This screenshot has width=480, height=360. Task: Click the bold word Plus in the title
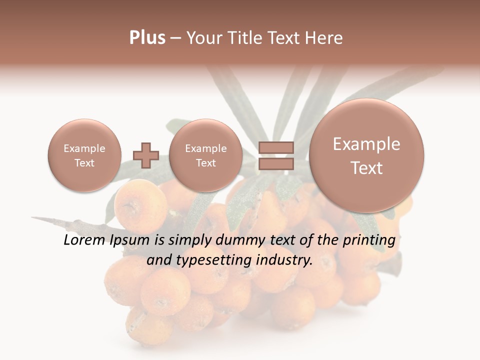coord(147,38)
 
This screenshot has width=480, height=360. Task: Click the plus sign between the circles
coord(146,155)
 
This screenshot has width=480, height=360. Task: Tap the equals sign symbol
coord(275,155)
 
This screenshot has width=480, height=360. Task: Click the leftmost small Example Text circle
coord(84,155)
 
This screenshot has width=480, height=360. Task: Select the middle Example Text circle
coord(205,155)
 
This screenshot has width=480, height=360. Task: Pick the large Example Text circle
coord(366,155)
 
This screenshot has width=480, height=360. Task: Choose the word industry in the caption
coord(284,260)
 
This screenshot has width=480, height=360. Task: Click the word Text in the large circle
coord(366,168)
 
